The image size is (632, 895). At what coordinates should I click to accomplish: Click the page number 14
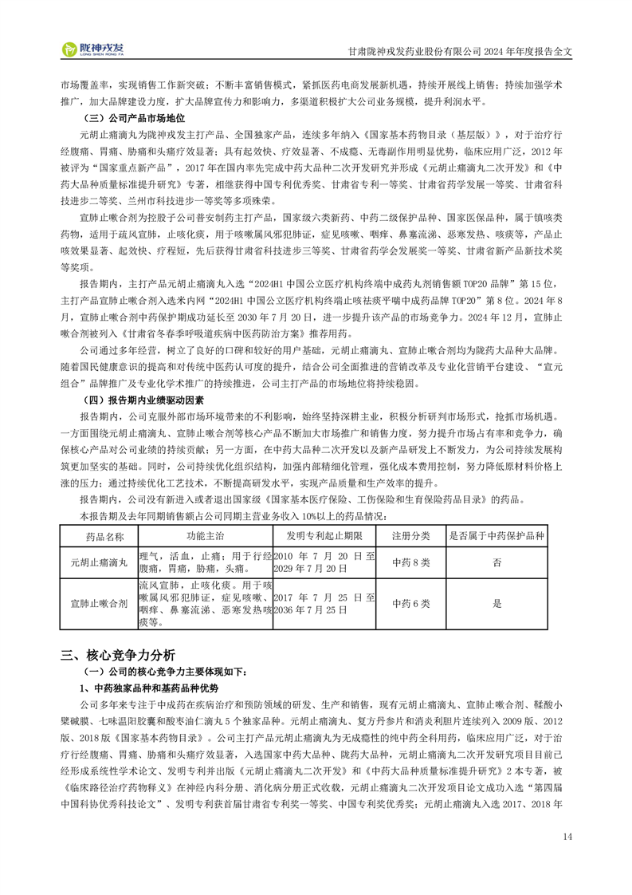click(x=567, y=836)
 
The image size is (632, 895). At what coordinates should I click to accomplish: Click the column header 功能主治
click(x=206, y=537)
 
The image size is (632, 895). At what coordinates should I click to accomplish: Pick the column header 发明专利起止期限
click(x=324, y=537)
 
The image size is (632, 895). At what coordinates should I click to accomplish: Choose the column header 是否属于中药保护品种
click(x=497, y=537)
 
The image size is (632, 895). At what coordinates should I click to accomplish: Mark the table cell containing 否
click(x=497, y=562)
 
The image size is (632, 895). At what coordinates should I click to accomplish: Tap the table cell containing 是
click(x=497, y=604)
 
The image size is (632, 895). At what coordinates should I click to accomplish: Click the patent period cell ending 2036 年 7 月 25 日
click(x=324, y=604)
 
